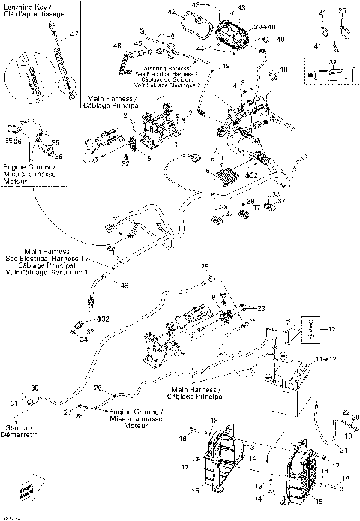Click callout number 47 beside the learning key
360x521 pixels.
73,35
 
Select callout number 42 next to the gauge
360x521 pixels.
172,13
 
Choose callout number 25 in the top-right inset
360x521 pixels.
342,11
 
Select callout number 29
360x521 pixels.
203,266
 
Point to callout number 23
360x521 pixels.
261,307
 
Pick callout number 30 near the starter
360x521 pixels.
34,388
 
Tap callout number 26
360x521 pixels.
97,388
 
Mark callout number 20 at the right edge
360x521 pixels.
355,417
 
